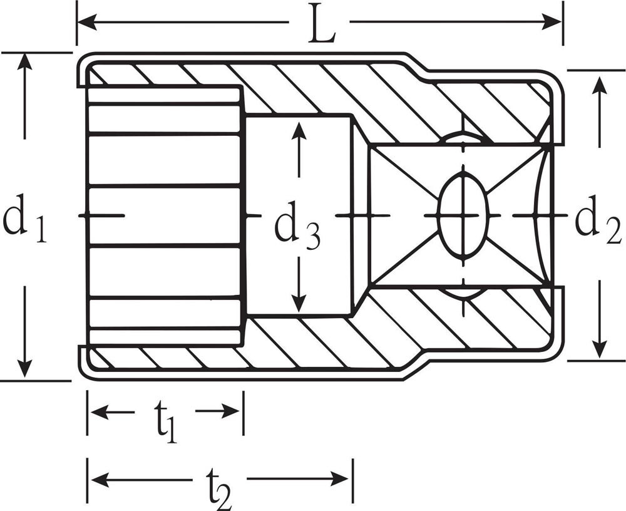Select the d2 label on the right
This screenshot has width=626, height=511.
[x=598, y=219]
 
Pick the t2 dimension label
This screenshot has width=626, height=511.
[x=219, y=488]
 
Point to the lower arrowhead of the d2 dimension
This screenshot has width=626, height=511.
[x=598, y=348]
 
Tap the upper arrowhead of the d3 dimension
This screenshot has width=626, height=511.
[x=299, y=130]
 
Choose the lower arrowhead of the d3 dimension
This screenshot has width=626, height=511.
[x=299, y=304]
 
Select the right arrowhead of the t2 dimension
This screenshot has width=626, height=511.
[x=340, y=478]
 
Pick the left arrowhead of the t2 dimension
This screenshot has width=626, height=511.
[x=100, y=478]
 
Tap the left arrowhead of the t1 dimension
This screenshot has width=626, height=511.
[x=100, y=411]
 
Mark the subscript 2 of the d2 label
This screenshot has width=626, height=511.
[x=613, y=231]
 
